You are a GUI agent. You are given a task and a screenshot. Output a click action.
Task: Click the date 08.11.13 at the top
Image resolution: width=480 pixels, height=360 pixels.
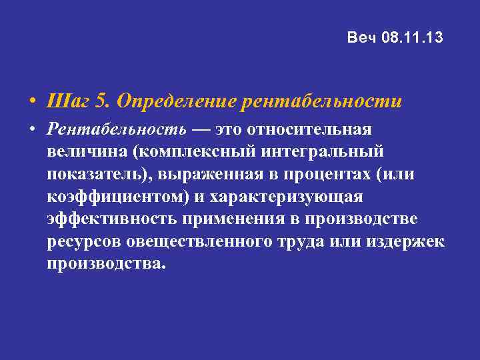coord(413,38)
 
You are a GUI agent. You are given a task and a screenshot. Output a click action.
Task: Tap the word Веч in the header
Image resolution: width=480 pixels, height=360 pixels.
coord(363,38)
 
